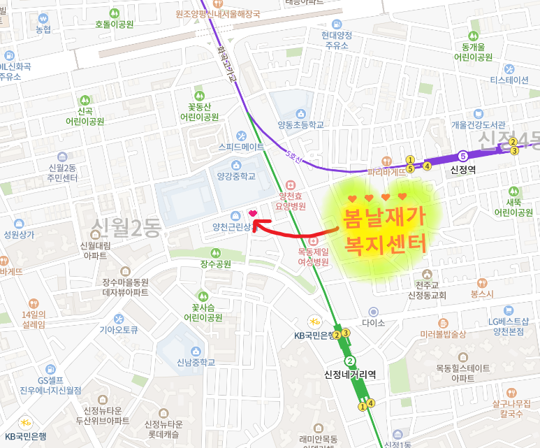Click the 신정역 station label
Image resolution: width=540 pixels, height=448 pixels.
point(463,169)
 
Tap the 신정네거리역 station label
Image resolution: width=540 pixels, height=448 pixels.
point(351,374)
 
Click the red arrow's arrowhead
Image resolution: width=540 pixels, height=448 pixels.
point(256,224)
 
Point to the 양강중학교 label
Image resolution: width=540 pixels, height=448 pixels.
point(237,177)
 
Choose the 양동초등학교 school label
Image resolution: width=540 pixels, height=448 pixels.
point(301,125)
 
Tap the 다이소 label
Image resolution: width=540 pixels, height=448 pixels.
point(374,323)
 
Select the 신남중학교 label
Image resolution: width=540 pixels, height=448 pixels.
point(196,362)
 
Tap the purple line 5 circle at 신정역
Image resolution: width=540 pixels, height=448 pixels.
point(462,155)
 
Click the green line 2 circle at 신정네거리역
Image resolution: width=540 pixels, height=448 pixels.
point(351,361)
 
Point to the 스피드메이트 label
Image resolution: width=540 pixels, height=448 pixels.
point(241,147)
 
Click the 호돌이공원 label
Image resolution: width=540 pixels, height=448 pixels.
point(114,23)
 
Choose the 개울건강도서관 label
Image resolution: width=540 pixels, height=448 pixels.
point(478,125)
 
